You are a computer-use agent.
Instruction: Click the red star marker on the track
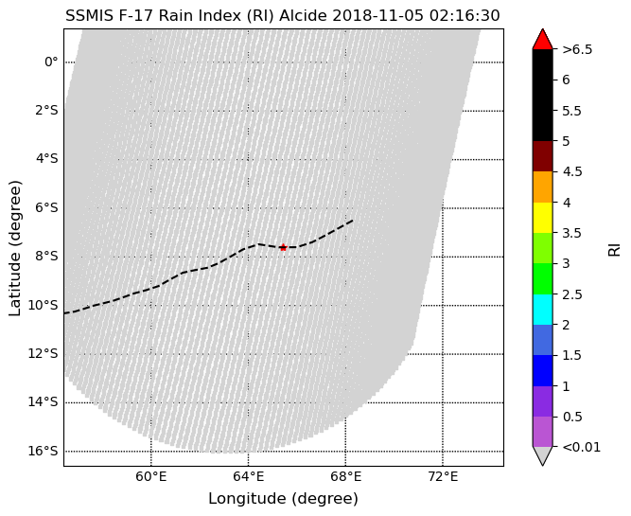click(x=283, y=247)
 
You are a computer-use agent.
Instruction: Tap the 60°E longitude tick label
click(x=151, y=477)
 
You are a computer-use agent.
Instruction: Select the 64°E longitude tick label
click(x=248, y=477)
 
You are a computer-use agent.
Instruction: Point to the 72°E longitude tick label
click(x=443, y=477)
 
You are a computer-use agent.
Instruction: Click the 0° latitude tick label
click(x=51, y=62)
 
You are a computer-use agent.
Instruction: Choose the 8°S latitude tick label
click(x=46, y=257)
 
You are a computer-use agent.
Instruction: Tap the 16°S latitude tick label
click(x=43, y=451)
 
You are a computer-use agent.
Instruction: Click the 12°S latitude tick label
click(x=43, y=354)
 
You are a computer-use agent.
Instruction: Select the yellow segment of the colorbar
click(x=542, y=218)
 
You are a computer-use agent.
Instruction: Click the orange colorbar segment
click(x=542, y=187)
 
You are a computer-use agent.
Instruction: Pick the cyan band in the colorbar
click(x=542, y=310)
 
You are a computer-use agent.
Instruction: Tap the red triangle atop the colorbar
click(x=542, y=39)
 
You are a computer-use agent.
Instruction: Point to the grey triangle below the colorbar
click(x=542, y=455)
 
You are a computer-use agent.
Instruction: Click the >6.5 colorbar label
click(x=577, y=49)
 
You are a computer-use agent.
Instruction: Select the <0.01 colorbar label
click(x=582, y=447)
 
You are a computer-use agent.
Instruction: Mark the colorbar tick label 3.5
click(x=571, y=233)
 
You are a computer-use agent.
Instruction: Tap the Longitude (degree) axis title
click(x=283, y=499)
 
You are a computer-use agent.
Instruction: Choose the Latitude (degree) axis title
click(x=14, y=248)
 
